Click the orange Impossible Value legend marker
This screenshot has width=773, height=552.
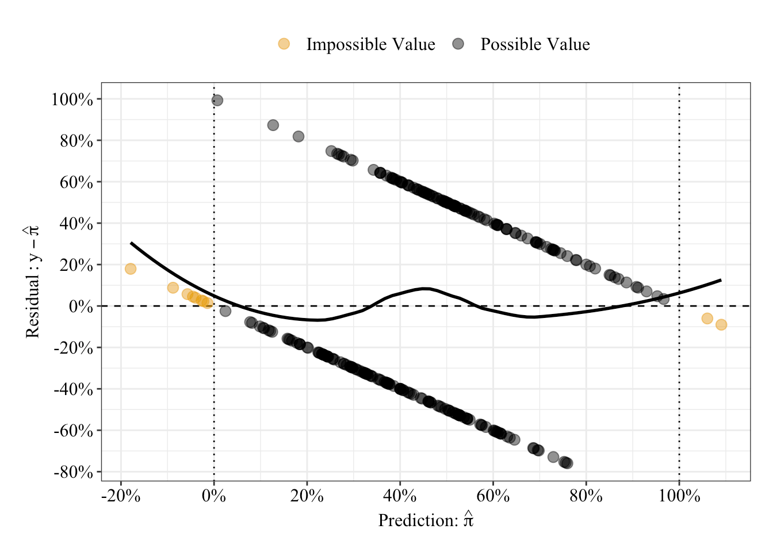tap(284, 44)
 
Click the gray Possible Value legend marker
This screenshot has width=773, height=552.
tap(458, 44)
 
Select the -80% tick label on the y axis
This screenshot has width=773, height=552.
tap(73, 472)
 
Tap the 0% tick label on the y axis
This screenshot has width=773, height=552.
tap(81, 306)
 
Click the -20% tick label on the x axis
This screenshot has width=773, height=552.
tap(121, 496)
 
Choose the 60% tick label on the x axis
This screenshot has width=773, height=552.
tap(493, 496)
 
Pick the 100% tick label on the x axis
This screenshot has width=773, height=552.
tap(679, 496)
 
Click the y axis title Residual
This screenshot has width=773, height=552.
tap(33, 282)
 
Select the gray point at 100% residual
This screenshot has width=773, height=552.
tap(217, 101)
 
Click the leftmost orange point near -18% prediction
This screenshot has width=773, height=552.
tap(131, 269)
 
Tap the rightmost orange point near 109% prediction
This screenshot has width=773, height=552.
tap(721, 325)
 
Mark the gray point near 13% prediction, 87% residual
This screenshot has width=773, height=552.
tap(273, 125)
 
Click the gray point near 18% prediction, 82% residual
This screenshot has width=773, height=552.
tap(299, 136)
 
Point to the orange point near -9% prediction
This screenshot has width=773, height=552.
tap(173, 287)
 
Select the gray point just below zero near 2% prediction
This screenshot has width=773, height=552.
tap(225, 311)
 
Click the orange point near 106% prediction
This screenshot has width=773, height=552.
tap(707, 319)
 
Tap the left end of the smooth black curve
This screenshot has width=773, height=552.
tap(131, 243)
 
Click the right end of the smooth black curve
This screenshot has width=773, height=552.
tap(721, 280)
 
